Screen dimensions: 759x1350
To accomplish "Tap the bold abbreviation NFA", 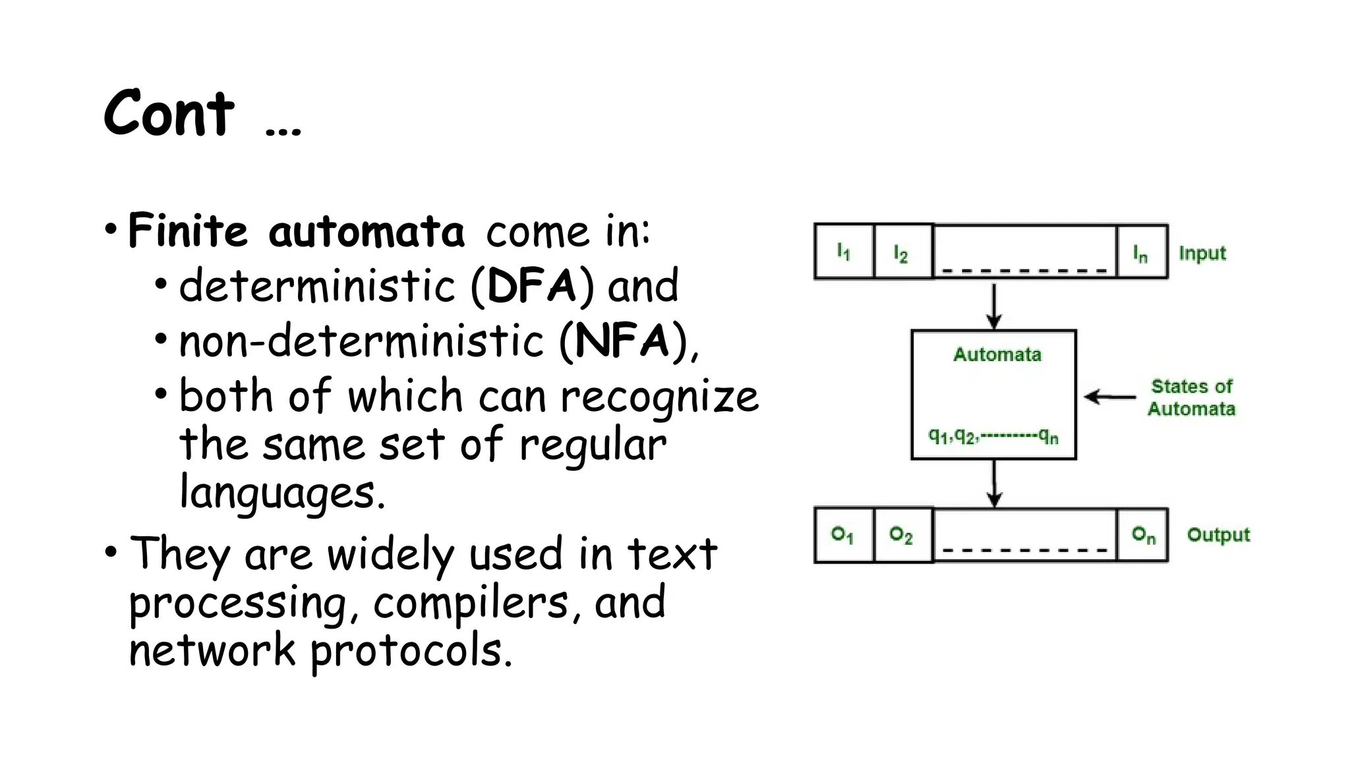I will pyautogui.click(x=622, y=341).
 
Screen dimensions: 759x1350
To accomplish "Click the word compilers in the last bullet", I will pyautogui.click(x=471, y=602).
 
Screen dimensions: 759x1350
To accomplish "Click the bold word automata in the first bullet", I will pyautogui.click(x=366, y=232).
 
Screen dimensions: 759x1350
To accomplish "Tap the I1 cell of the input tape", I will pyautogui.click(x=844, y=252).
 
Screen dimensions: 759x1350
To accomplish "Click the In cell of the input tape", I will pyautogui.click(x=1141, y=252).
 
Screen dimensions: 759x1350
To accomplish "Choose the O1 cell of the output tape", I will pyautogui.click(x=843, y=534).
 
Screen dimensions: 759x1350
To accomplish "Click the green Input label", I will pyautogui.click(x=1202, y=253).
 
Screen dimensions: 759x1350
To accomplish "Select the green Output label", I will pyautogui.click(x=1218, y=534).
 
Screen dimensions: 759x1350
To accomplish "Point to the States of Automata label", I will pyautogui.click(x=1192, y=397).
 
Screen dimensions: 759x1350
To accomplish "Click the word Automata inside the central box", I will pyautogui.click(x=997, y=354).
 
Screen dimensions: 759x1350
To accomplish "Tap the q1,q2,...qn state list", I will pyautogui.click(x=993, y=436).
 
